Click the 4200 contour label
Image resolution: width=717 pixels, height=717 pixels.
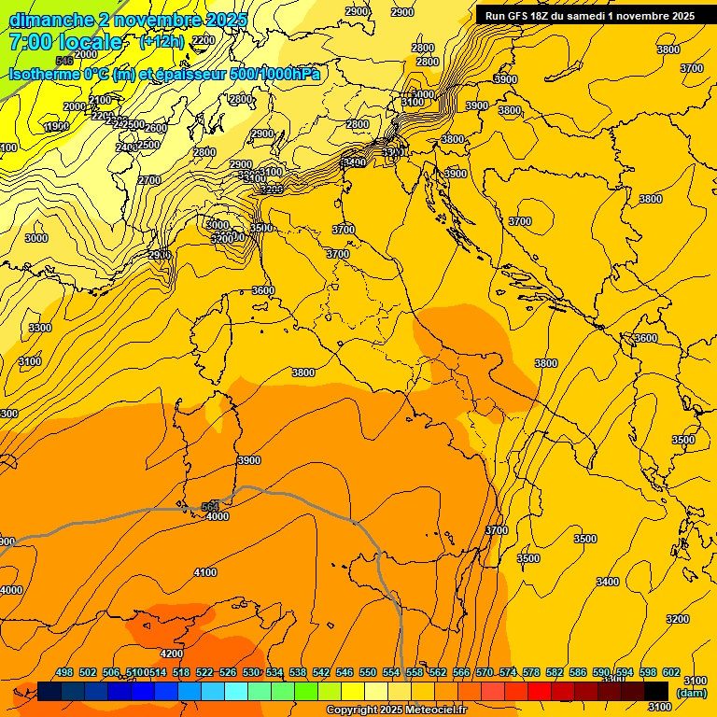172,654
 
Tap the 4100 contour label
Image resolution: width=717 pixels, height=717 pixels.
204,572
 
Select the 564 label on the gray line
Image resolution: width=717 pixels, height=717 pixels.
210,507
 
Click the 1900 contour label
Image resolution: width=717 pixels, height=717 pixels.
56,126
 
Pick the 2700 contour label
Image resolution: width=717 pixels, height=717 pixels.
149,180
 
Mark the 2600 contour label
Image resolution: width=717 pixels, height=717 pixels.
155,128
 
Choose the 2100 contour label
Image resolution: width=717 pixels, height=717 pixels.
99,100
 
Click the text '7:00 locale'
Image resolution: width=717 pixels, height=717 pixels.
65,42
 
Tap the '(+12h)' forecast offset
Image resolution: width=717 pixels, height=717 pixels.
162,42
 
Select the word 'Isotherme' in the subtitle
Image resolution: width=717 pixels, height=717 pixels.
43,75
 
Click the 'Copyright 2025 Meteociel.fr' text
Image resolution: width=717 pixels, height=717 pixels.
396,710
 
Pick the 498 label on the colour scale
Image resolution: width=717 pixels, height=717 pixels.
64,672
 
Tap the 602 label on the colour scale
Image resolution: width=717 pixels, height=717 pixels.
670,672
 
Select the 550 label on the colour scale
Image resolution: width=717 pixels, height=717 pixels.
368,672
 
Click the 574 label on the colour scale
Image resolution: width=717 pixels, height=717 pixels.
508,672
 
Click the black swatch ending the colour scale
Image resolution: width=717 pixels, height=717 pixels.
656,690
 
